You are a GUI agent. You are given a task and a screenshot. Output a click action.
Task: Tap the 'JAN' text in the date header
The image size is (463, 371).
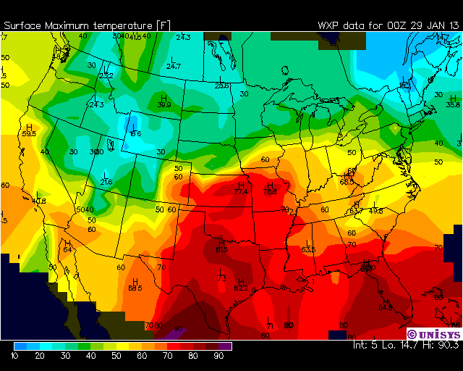point(427,25)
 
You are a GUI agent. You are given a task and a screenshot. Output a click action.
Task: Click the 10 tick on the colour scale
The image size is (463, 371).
point(14,357)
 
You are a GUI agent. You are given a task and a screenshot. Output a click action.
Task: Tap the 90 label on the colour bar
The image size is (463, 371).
point(218,357)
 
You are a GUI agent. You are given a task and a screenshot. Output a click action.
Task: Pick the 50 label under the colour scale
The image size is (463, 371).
point(116,357)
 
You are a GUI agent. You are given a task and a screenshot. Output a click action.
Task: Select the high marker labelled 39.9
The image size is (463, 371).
point(164,105)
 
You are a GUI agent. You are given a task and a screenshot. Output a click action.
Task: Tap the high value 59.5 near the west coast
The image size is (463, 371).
point(29,133)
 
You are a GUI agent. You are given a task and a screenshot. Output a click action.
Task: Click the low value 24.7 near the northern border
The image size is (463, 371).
point(174,66)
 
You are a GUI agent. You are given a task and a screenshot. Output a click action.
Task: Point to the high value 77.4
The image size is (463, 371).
point(241,192)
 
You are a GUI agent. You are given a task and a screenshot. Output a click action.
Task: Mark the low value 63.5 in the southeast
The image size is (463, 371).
point(309,249)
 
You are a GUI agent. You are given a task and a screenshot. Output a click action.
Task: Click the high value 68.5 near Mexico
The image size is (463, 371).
point(135,288)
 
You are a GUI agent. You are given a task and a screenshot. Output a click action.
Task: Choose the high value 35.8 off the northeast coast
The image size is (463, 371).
point(453,104)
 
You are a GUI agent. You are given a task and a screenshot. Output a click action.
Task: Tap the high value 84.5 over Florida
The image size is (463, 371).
point(385,307)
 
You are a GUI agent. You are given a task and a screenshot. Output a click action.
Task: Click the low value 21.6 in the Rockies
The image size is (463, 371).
point(106,182)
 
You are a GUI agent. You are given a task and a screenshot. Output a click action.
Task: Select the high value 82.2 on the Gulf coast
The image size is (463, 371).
point(241,288)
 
